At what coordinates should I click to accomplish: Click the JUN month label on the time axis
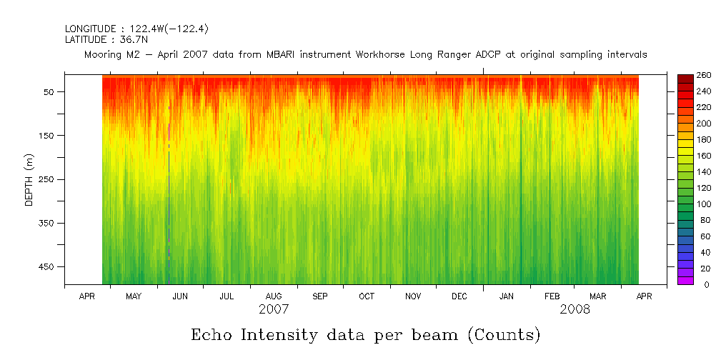(x=180, y=296)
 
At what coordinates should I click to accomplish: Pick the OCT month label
(x=367, y=296)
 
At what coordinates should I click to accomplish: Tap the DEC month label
(x=459, y=296)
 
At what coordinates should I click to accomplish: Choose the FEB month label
(x=552, y=296)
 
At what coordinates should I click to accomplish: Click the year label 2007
(x=274, y=309)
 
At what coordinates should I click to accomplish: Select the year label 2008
(x=575, y=309)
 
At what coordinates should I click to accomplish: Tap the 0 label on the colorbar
(x=697, y=284)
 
